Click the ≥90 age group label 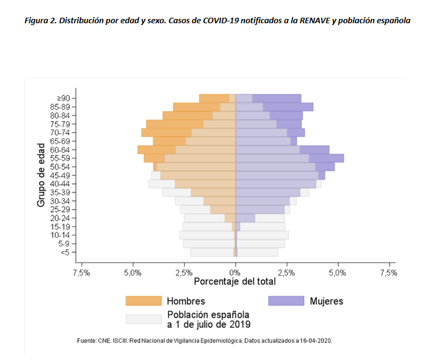point(64,98)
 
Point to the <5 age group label point(65,252)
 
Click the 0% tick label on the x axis point(235,273)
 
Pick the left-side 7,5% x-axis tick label point(81,273)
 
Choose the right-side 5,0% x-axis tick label point(337,273)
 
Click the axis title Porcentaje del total point(235,282)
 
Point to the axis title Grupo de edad point(41,175)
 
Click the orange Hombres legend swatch point(144,301)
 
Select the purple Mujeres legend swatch point(286,301)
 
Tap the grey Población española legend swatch point(144,319)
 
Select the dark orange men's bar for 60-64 point(156,150)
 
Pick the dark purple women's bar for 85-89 point(288,107)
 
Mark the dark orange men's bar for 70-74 point(166,133)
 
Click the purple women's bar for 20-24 point(246,218)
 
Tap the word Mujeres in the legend point(326,301)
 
